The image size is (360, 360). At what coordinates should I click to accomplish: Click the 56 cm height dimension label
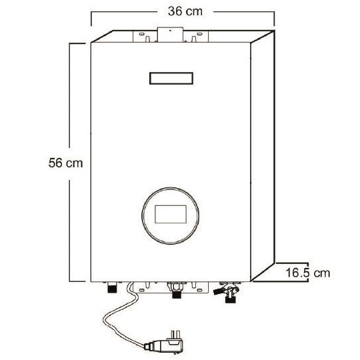point(66,162)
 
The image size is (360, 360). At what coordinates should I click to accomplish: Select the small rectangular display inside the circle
point(172,214)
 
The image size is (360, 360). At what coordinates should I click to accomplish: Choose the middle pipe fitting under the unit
point(176,293)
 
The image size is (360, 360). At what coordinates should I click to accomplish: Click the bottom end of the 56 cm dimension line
point(70,281)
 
